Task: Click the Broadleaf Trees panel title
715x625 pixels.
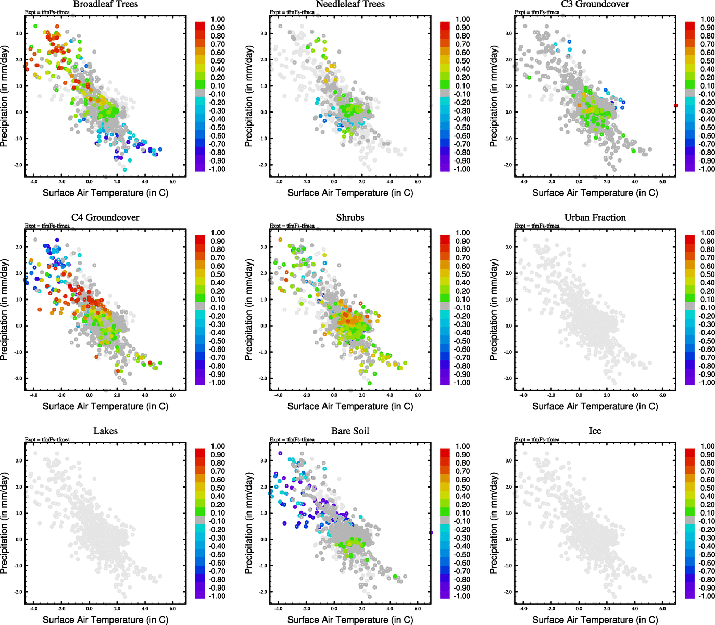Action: point(105,4)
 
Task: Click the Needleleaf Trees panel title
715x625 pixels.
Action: point(350,4)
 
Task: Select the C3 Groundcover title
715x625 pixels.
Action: point(595,4)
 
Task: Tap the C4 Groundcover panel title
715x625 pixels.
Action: point(105,218)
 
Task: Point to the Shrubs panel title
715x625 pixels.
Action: point(350,218)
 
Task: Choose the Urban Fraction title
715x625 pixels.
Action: point(595,218)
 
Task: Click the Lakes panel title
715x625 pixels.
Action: point(105,431)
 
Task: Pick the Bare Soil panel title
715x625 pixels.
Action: point(350,431)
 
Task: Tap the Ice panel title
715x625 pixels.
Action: point(595,431)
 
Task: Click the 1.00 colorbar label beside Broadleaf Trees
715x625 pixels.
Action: point(218,19)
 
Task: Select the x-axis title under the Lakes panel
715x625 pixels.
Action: point(105,620)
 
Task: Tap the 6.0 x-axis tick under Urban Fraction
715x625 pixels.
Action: point(662,395)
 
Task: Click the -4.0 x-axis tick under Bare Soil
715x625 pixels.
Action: point(278,609)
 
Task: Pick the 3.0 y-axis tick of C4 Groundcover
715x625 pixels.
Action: point(19,247)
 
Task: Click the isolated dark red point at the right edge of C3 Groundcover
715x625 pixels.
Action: point(675,106)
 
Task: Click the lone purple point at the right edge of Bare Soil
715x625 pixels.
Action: point(431,532)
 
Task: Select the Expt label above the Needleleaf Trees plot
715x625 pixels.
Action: point(292,12)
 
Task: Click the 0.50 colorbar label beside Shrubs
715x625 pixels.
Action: point(462,274)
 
